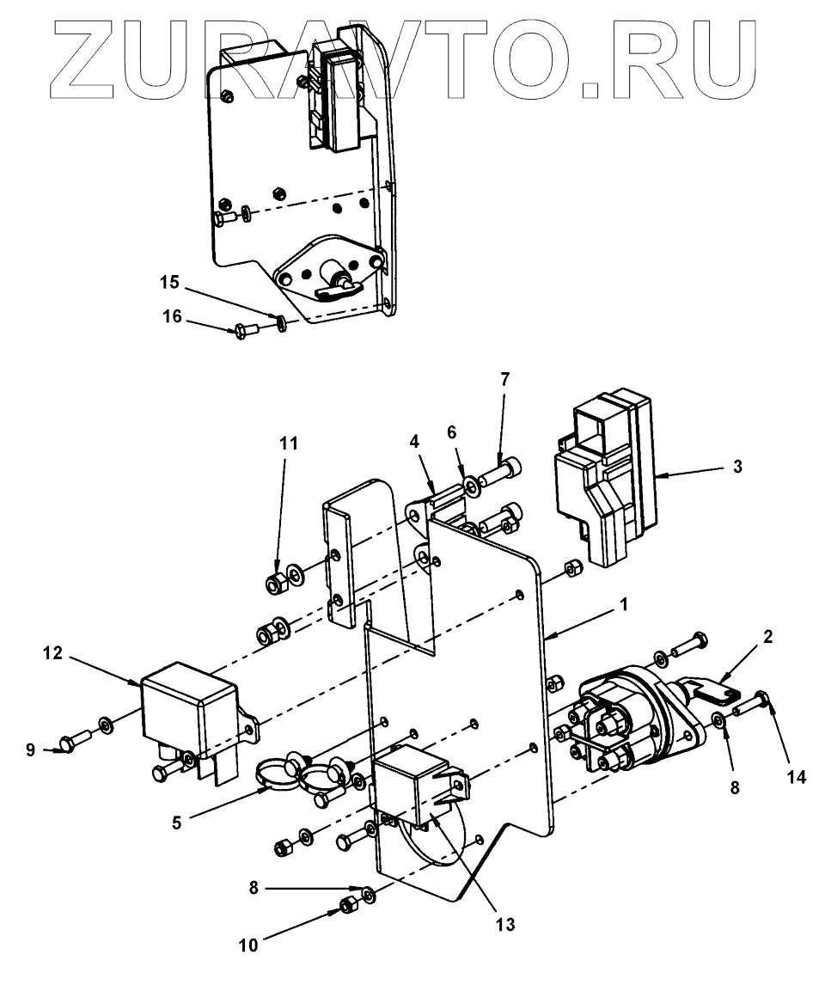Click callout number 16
(x=173, y=317)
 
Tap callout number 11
(x=290, y=444)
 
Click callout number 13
(x=504, y=925)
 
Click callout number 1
(x=624, y=605)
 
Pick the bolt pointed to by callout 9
(x=73, y=740)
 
